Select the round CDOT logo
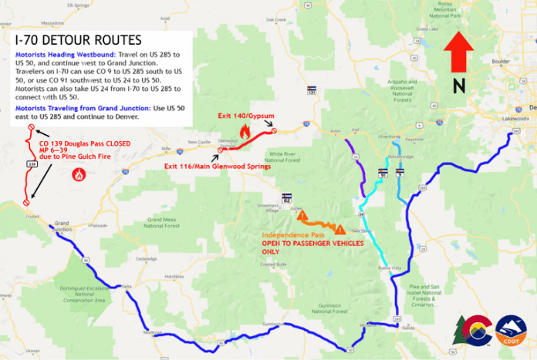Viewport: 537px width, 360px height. pos(512,331)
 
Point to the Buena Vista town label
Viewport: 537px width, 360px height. pos(390,268)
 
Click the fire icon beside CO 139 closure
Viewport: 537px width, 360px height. pos(78,175)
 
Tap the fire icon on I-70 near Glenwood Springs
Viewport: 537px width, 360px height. pos(246,133)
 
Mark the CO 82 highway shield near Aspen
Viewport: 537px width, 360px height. pos(287,197)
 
